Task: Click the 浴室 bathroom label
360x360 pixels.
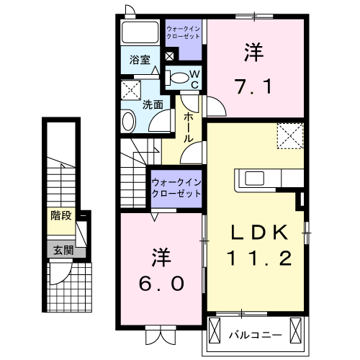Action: pyautogui.click(x=140, y=60)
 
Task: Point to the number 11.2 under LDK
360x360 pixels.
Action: pyautogui.click(x=260, y=257)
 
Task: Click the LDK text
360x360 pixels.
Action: pyautogui.click(x=260, y=232)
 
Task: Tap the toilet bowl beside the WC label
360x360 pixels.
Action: pyautogui.click(x=176, y=76)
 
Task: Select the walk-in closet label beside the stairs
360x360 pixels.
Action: pyautogui.click(x=176, y=189)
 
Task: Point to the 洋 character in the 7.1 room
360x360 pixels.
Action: pyautogui.click(x=253, y=52)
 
